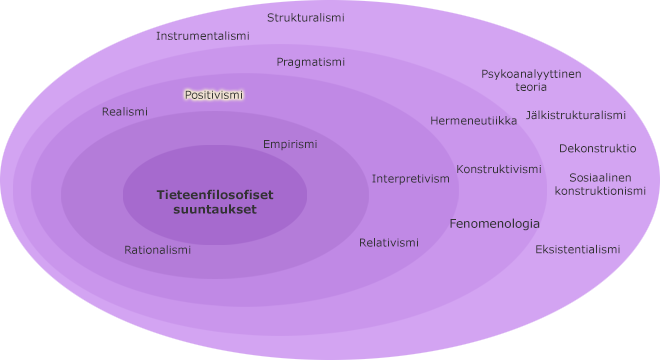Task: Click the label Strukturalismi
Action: click(306, 18)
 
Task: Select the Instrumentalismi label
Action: click(203, 36)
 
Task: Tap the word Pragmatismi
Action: click(311, 62)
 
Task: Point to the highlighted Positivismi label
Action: click(214, 95)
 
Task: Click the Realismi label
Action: click(125, 112)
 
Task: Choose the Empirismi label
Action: click(290, 144)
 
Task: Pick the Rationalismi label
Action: click(157, 250)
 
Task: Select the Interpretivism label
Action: click(411, 179)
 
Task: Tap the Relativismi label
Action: click(389, 243)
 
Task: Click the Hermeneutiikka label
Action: click(473, 121)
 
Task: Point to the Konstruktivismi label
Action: click(499, 169)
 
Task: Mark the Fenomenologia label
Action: click(494, 224)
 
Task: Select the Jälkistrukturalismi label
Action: click(576, 115)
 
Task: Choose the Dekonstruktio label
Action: click(598, 148)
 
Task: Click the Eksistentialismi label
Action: click(578, 249)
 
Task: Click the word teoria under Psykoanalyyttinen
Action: click(531, 87)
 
